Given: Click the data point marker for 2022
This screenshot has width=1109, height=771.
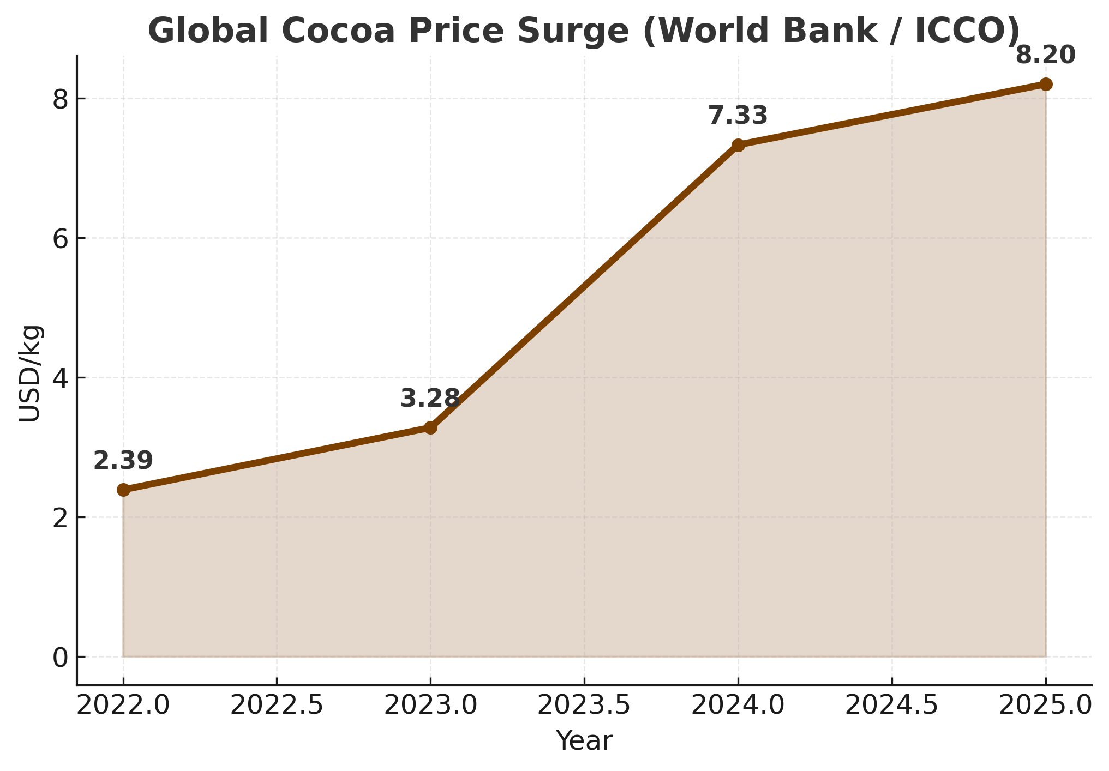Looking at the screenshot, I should tap(123, 490).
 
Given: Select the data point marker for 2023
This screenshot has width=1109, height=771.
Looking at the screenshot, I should tap(430, 427).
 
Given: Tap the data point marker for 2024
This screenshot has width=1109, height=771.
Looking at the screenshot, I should tap(738, 145).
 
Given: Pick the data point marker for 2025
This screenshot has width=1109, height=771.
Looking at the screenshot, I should tap(1046, 84).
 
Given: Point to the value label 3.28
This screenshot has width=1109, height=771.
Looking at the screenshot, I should tap(430, 399).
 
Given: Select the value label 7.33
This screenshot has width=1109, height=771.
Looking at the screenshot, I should tap(738, 116).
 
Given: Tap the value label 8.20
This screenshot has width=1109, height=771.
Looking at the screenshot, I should tap(1045, 56).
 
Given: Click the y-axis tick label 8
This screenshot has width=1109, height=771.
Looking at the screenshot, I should tap(61, 99).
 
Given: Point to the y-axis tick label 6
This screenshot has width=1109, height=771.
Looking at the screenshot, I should tap(61, 239).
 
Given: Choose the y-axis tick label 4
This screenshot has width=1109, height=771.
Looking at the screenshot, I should tap(61, 378).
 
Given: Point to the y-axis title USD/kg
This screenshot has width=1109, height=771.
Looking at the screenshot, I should tap(30, 374).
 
